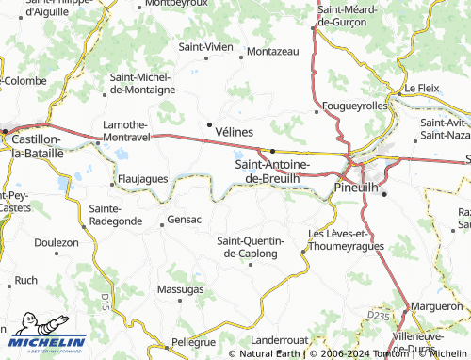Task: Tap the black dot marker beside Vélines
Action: (209, 123)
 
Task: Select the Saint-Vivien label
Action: (205, 45)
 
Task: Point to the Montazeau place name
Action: (273, 51)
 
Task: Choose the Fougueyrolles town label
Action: (354, 106)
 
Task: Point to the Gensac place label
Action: (184, 220)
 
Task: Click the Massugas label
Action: (181, 288)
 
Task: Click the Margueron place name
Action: (438, 306)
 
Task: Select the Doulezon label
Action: (57, 242)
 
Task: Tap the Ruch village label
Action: (26, 280)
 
